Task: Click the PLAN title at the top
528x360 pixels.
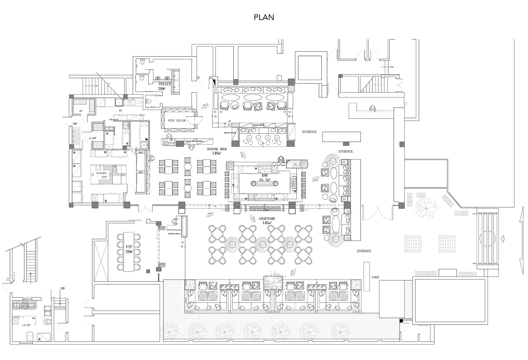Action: pyautogui.click(x=264, y=17)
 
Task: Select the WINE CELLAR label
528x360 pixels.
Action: pyautogui.click(x=177, y=121)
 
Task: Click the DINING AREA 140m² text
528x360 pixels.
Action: pyautogui.click(x=217, y=151)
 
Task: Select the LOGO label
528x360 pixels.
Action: pyautogui.click(x=375, y=277)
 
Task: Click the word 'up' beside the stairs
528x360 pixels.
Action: pyautogui.click(x=62, y=288)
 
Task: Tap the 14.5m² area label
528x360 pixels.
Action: pyautogui.click(x=26, y=326)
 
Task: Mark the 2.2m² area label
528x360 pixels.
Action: pyautogui.click(x=93, y=138)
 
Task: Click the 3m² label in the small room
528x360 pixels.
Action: pyautogui.click(x=80, y=111)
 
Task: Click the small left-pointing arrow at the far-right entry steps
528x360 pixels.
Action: pyautogui.click(x=503, y=238)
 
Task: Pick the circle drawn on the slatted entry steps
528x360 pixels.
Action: pyautogui.click(x=487, y=238)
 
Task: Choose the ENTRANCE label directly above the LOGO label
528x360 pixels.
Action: pyautogui.click(x=364, y=251)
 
